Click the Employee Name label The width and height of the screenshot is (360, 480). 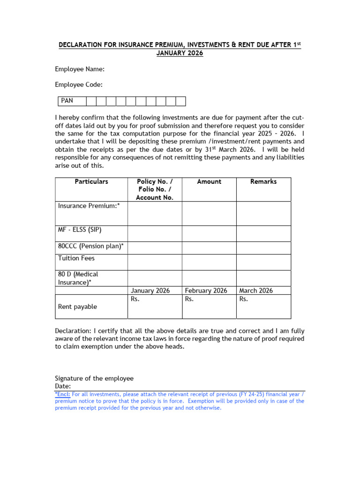(80, 69)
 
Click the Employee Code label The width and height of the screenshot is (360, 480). (79, 85)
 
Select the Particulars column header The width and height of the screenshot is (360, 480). (91, 181)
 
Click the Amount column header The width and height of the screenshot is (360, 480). (209, 181)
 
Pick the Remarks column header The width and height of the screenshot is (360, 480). (263, 181)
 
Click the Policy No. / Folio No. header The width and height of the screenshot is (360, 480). (155, 189)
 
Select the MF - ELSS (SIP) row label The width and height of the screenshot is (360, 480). (80, 230)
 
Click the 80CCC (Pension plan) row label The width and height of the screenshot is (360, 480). (91, 246)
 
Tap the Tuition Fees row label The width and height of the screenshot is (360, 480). (76, 258)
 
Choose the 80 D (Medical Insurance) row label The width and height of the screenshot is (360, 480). (78, 278)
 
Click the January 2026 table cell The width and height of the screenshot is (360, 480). (150, 291)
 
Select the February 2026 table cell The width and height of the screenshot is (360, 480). (206, 291)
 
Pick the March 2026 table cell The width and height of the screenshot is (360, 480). (256, 291)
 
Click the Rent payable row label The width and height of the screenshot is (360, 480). (77, 307)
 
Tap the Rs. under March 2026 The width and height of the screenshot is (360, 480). (244, 299)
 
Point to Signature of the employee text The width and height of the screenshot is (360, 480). (94, 378)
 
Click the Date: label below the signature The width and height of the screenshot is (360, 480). (63, 386)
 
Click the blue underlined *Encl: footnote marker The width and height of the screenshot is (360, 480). (64, 394)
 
